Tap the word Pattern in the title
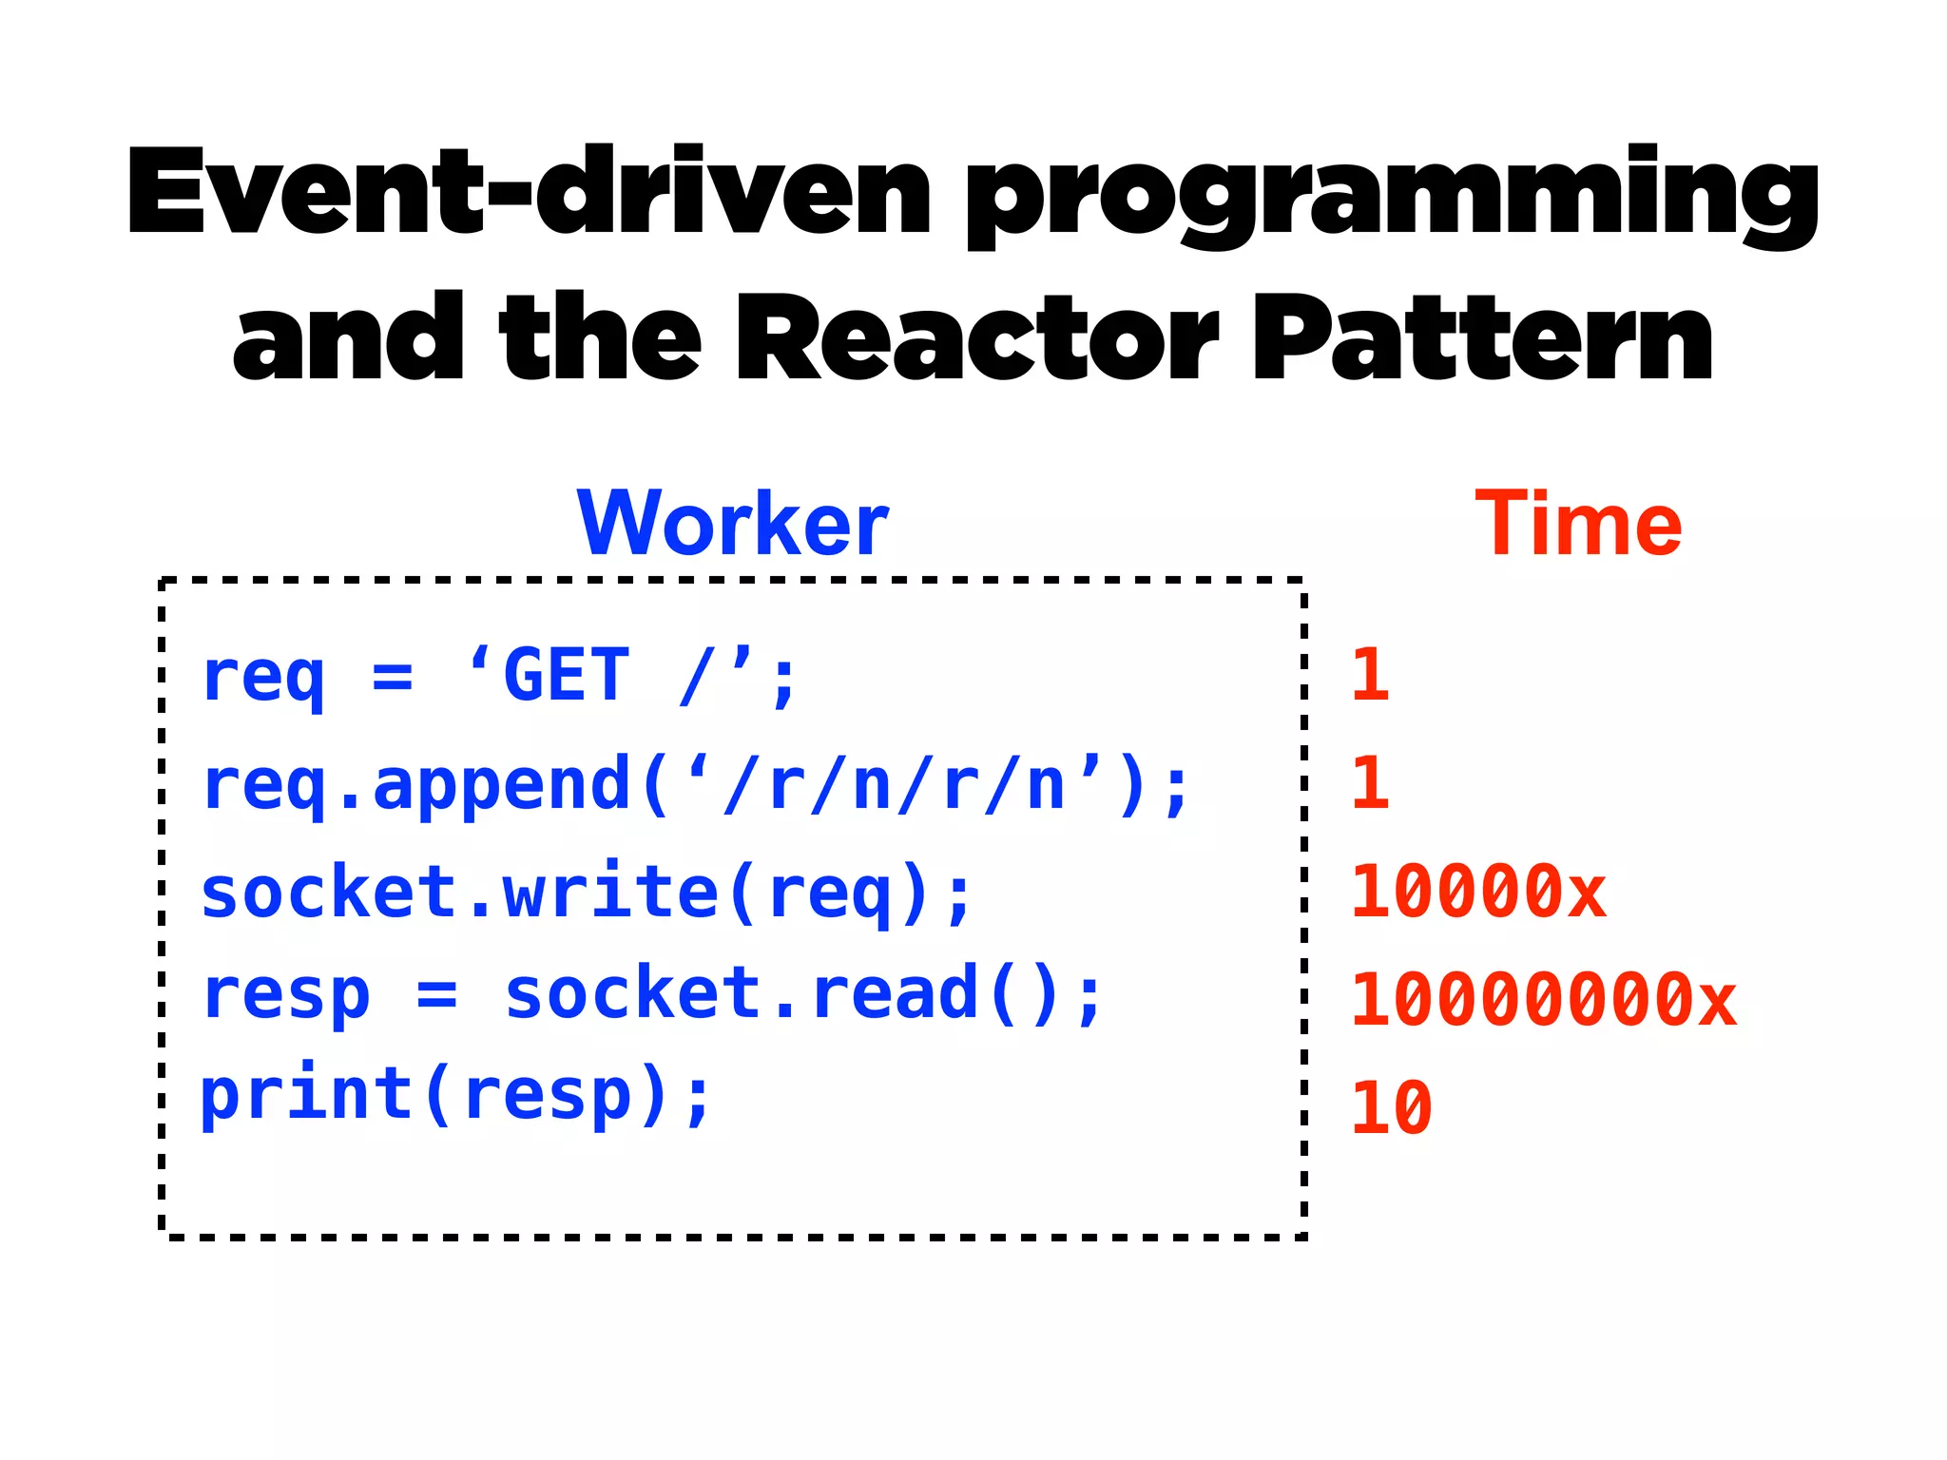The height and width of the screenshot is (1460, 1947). tap(1483, 339)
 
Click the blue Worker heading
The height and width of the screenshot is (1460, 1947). tap(732, 524)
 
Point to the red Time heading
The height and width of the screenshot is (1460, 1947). tap(1578, 524)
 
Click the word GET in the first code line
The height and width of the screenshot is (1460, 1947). tap(567, 676)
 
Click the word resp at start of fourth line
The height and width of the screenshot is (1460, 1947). tap(285, 995)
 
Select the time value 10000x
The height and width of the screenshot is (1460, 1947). tap(1477, 893)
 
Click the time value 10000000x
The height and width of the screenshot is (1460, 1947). tap(1543, 1000)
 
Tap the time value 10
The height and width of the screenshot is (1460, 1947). tap(1391, 1108)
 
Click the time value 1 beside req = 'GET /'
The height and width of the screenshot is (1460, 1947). tap(1370, 676)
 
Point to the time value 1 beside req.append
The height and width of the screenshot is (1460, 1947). tap(1370, 784)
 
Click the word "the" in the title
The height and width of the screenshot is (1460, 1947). tap(599, 339)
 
